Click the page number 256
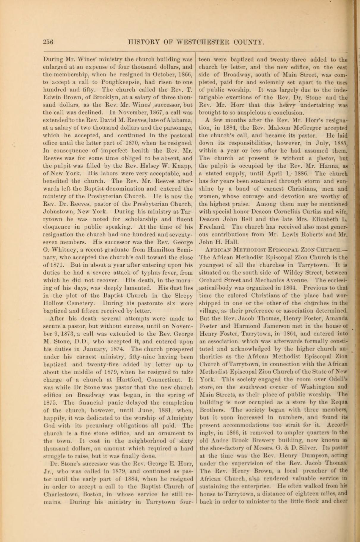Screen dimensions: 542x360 click(x=48, y=42)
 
